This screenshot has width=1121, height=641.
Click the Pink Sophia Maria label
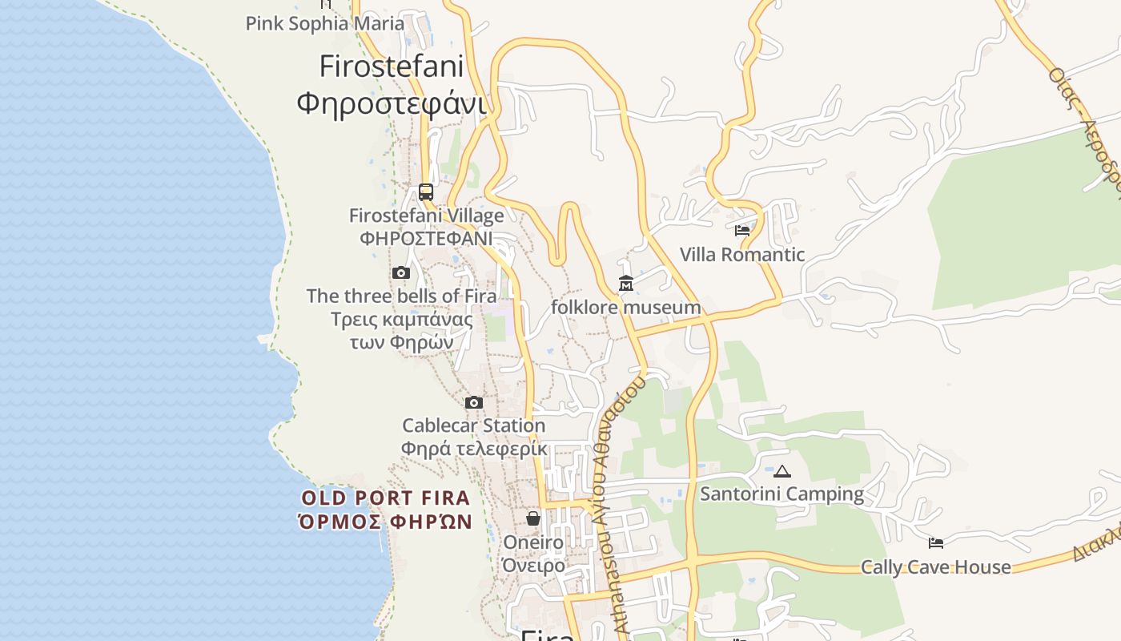click(325, 23)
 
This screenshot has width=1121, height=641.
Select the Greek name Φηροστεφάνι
click(392, 103)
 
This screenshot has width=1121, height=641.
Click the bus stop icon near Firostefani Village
click(426, 192)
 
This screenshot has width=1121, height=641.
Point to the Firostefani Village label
click(427, 216)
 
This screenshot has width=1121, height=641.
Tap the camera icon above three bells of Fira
click(401, 273)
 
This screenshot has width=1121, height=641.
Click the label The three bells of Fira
click(401, 296)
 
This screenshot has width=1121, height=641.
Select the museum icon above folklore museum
click(626, 284)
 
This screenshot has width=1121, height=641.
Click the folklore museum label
click(626, 308)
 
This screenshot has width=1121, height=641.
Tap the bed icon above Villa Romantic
click(742, 231)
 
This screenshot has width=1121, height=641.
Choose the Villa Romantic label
click(742, 255)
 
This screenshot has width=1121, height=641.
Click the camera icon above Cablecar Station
click(474, 402)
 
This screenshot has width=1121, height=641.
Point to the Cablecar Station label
click(474, 425)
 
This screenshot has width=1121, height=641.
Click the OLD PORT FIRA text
click(386, 498)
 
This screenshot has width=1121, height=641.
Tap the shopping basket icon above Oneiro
click(533, 518)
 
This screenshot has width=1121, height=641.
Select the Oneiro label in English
click(533, 542)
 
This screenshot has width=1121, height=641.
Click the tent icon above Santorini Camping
click(782, 471)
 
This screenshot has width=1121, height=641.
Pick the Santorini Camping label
click(782, 494)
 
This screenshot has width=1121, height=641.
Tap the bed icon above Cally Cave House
click(935, 543)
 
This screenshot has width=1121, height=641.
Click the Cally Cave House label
click(935, 567)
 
